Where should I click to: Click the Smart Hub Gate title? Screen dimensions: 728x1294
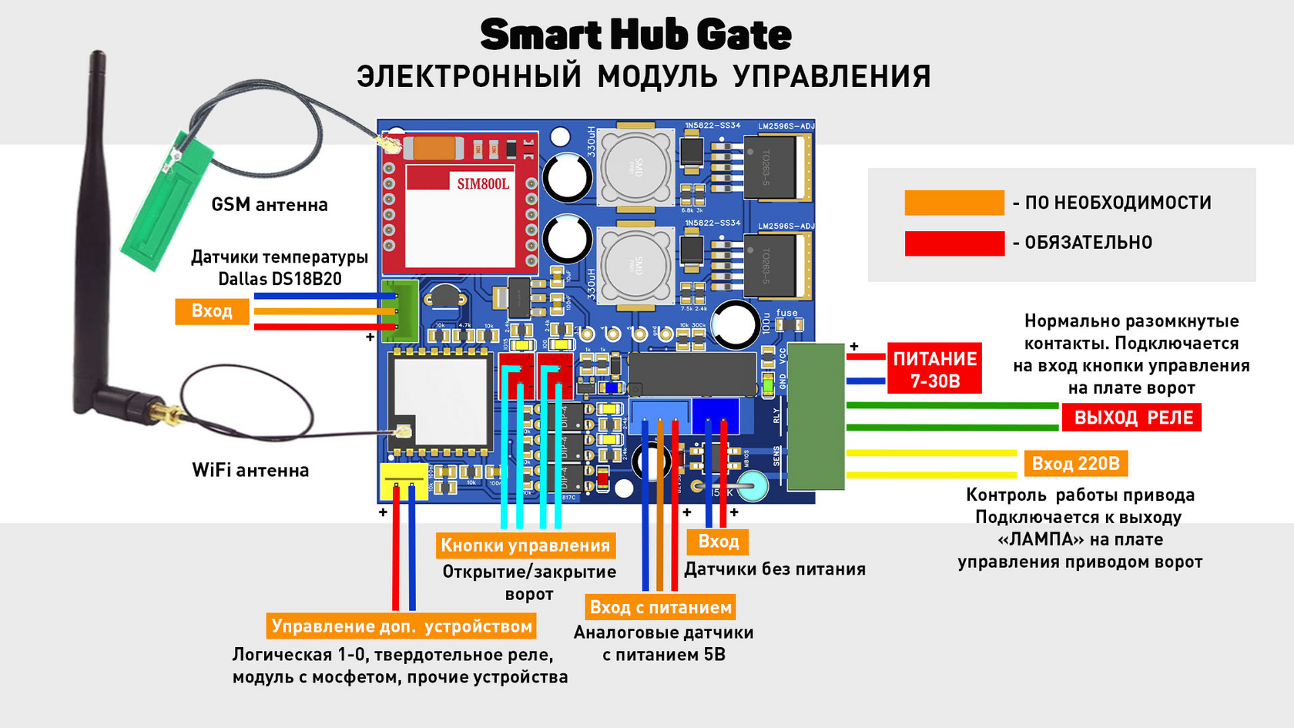(635, 35)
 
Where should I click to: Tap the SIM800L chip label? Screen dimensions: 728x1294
(483, 183)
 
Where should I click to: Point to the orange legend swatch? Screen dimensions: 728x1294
(954, 203)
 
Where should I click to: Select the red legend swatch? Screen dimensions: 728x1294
(954, 243)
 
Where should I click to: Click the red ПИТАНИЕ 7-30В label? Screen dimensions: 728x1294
(934, 369)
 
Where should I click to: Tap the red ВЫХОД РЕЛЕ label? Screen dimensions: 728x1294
(1132, 418)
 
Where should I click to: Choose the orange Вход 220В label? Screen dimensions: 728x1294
(1075, 464)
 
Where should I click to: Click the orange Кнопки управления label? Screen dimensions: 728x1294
(525, 545)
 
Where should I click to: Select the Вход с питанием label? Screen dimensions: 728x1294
(660, 607)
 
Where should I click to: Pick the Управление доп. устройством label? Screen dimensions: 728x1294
(401, 626)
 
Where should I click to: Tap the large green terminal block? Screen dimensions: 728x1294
(815, 416)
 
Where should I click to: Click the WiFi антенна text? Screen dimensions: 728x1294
(250, 470)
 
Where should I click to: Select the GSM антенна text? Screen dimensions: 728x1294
(270, 205)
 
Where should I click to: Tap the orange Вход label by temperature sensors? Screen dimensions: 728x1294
(212, 311)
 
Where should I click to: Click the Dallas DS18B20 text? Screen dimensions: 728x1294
(280, 279)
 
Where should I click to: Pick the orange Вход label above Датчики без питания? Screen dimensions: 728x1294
(718, 542)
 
